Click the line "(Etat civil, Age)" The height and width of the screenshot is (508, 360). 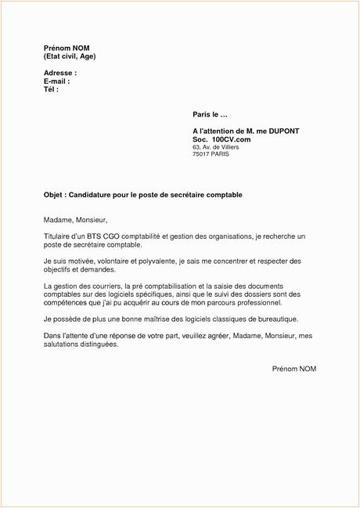pyautogui.click(x=70, y=57)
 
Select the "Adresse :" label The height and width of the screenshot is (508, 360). pyautogui.click(x=59, y=72)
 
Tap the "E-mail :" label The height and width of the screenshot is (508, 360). pyautogui.click(x=57, y=81)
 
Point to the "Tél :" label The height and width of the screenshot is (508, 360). pyautogui.click(x=52, y=89)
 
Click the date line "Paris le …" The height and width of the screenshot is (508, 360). pyautogui.click(x=209, y=114)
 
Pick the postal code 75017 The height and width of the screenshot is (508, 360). pyautogui.click(x=201, y=156)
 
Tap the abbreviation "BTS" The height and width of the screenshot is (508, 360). pyautogui.click(x=96, y=236)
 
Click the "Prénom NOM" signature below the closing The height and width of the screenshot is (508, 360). pyautogui.click(x=294, y=368)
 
